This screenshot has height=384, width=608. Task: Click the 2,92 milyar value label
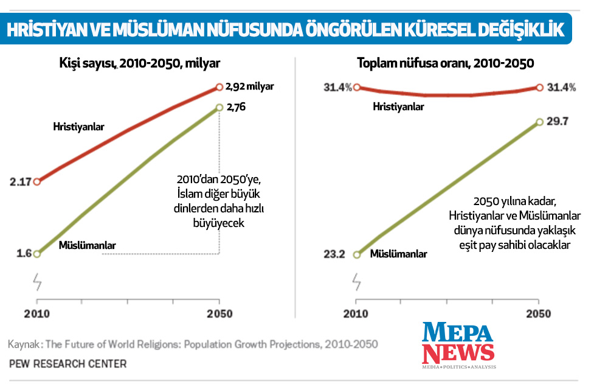click(249, 86)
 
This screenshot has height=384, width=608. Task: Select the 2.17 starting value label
click(19, 181)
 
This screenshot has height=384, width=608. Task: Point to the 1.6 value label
click(24, 254)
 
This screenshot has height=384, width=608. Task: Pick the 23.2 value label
click(334, 254)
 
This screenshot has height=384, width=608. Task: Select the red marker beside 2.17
click(37, 181)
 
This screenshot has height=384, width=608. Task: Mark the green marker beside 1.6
click(37, 254)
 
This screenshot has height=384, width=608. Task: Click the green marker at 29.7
click(539, 122)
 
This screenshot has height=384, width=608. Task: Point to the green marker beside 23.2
click(357, 254)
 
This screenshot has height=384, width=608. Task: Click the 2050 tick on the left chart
click(219, 314)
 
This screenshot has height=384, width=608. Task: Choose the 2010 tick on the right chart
click(357, 314)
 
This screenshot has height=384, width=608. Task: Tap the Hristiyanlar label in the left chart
click(79, 127)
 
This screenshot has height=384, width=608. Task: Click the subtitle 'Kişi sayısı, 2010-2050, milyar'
click(140, 63)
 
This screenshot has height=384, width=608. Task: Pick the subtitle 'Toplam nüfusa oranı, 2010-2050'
click(446, 63)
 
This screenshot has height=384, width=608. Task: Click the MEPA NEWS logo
click(459, 345)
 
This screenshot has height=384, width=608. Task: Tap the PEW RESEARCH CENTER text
click(67, 364)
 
